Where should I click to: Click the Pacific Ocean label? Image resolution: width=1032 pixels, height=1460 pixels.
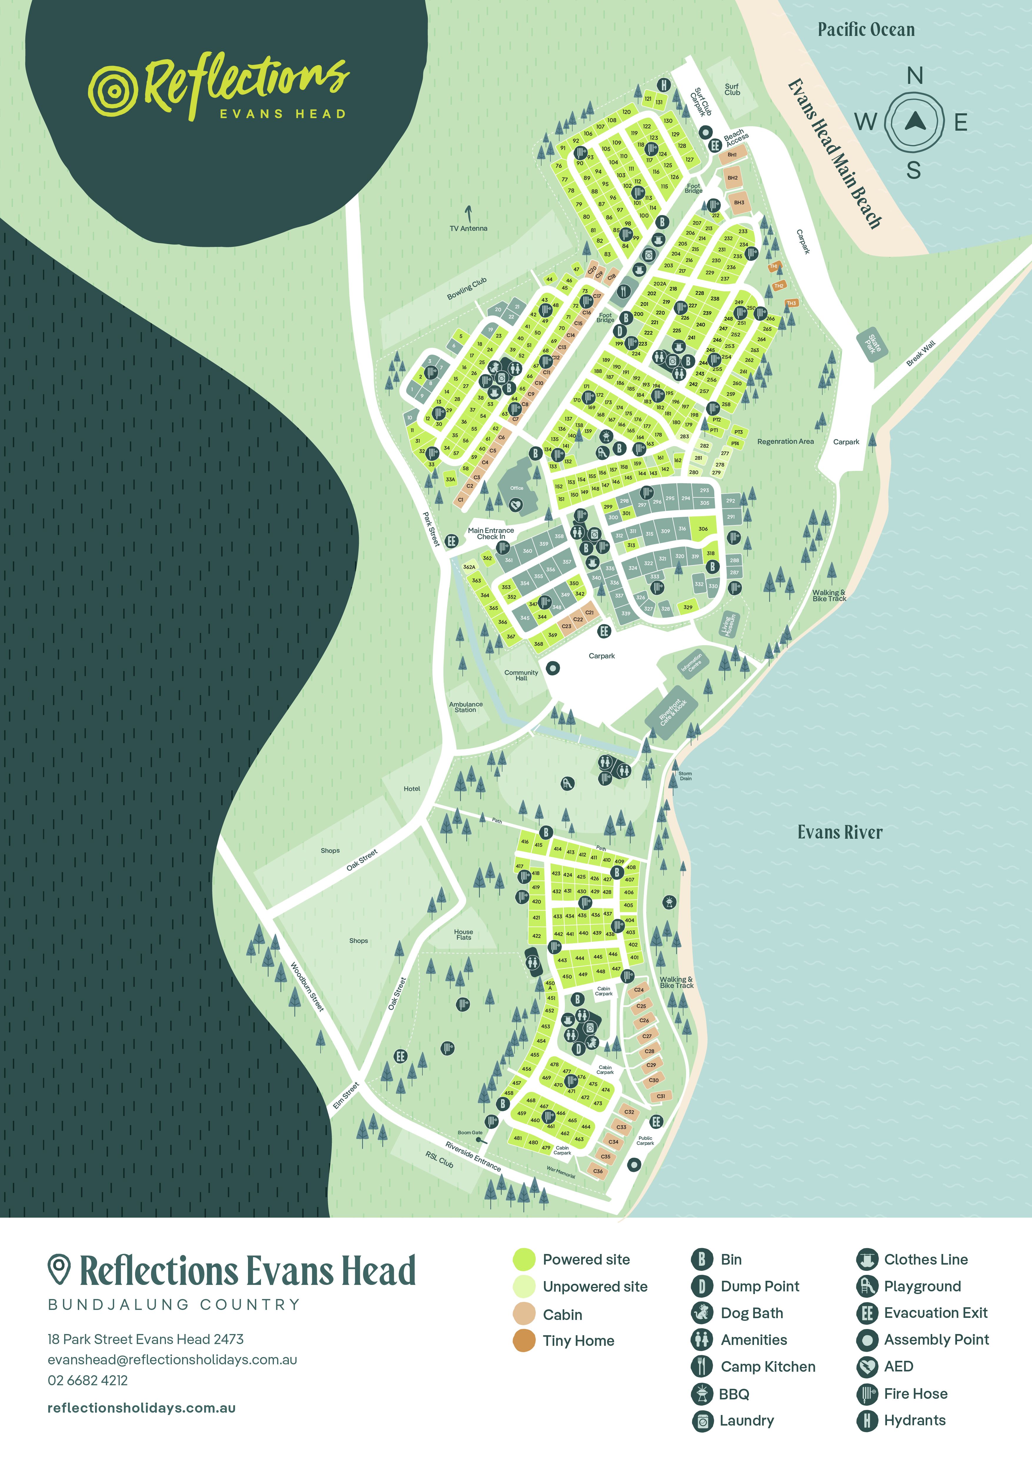coord(865,30)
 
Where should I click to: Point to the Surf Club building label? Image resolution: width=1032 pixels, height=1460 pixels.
coord(732,89)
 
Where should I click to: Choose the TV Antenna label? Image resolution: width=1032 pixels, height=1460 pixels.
coord(468,228)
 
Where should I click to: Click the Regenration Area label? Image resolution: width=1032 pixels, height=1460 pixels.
coord(785,441)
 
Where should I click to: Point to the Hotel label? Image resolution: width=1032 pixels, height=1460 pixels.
coord(412,788)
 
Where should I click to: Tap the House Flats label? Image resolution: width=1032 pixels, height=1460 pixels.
coord(463,934)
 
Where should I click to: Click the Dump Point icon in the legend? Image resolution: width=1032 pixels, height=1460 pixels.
coord(702,1286)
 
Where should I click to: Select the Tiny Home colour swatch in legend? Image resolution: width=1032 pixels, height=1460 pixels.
coord(524,1341)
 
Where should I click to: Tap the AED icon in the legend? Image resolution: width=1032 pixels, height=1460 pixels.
coord(867,1366)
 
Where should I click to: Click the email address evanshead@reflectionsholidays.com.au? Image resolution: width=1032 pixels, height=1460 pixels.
coord(172,1360)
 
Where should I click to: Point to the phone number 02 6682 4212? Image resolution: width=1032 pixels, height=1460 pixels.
coord(88,1381)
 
